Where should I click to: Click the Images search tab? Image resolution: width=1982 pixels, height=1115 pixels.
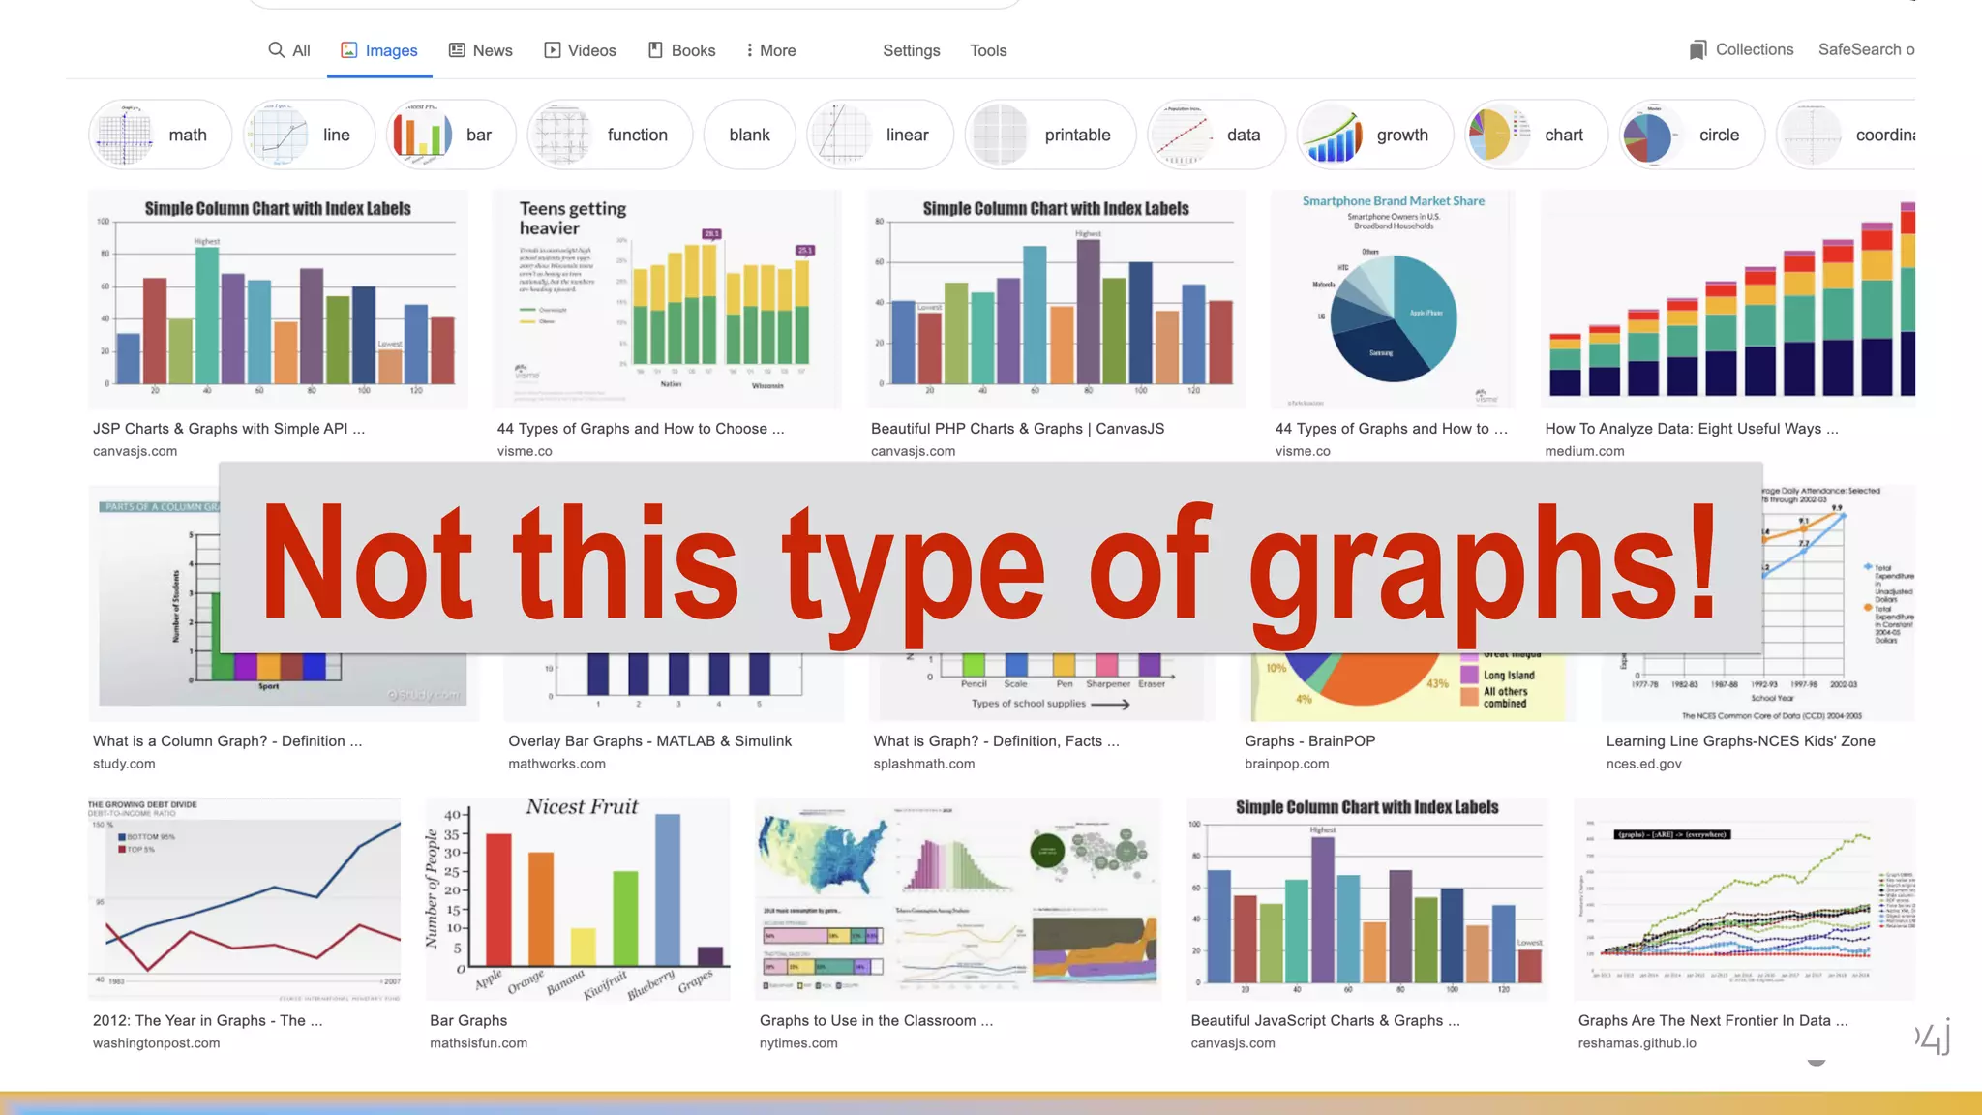(379, 50)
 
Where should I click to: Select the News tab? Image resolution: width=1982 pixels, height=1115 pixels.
(481, 50)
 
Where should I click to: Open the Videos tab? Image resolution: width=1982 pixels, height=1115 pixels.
(580, 50)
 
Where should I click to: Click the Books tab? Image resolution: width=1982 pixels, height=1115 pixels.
(682, 50)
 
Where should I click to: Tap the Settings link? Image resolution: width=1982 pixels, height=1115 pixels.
(911, 50)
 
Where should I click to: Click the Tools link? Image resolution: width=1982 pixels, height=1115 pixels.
(988, 50)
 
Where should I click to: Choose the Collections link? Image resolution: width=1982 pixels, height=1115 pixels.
(1741, 49)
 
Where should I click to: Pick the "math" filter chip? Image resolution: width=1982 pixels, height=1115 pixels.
(161, 135)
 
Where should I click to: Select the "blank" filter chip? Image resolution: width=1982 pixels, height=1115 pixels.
(749, 135)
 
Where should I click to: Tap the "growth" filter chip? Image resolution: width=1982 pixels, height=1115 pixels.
(1374, 135)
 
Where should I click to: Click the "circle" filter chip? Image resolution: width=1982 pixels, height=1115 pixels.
(1692, 135)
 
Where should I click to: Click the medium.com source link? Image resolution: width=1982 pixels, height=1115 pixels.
(1584, 451)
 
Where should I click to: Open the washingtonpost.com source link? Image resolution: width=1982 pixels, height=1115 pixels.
(156, 1043)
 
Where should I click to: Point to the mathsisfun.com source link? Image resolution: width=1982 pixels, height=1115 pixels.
(478, 1043)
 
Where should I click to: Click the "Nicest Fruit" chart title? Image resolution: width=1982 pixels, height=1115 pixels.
(582, 807)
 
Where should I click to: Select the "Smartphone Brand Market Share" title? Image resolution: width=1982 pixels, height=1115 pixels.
(1393, 201)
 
